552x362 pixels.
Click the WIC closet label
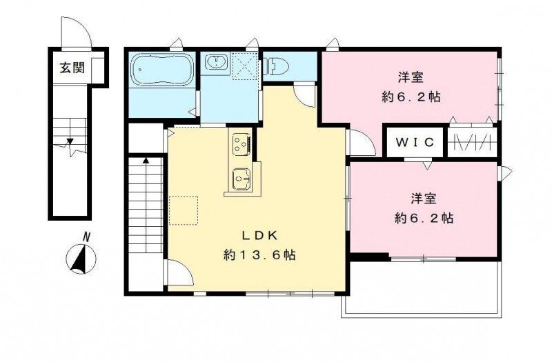pyautogui.click(x=415, y=143)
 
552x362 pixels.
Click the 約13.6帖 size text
pyautogui.click(x=259, y=255)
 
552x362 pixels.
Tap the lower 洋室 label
pyautogui.click(x=424, y=199)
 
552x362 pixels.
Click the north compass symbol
pyautogui.click(x=82, y=260)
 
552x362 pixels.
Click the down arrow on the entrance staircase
pyautogui.click(x=70, y=142)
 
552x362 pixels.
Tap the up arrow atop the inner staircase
pyautogui.click(x=146, y=161)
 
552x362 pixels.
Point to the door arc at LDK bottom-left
pyautogui.click(x=177, y=274)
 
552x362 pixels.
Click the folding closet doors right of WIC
pyautogui.click(x=471, y=143)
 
